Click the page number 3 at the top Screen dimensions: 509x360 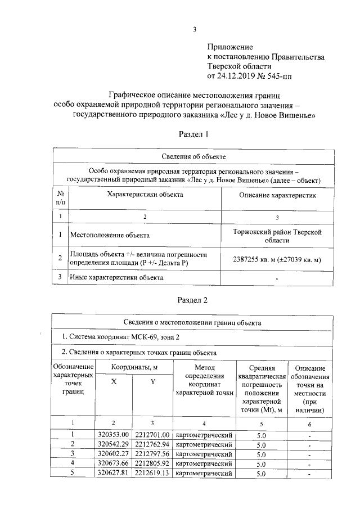point(193,30)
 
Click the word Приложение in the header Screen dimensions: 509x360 point(230,47)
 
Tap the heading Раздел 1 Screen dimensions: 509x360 point(193,134)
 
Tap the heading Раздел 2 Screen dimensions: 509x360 point(193,300)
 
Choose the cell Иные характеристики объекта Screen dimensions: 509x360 point(116,278)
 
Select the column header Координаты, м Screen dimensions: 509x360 point(133,367)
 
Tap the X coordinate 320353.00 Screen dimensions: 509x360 point(114,435)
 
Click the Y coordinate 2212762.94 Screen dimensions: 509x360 point(152,444)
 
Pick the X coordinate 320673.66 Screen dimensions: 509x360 point(114,463)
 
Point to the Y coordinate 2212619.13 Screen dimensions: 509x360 point(152,474)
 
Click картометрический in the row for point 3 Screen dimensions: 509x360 point(204,454)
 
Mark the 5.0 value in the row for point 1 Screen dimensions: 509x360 point(260,435)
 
